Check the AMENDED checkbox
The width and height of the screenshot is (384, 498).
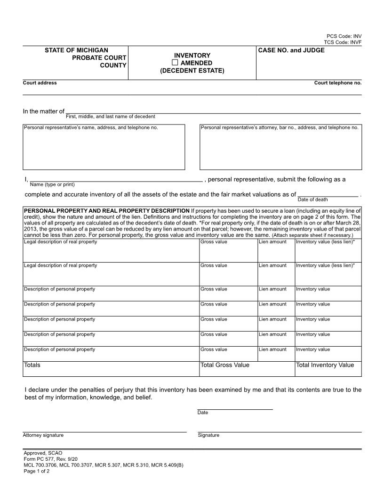[x=175, y=63]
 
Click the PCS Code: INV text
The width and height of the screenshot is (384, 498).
[x=344, y=36]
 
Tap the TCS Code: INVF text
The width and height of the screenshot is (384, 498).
[x=344, y=42]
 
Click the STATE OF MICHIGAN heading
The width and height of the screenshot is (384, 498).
[x=76, y=50]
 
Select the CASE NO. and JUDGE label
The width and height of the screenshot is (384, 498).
[x=291, y=50]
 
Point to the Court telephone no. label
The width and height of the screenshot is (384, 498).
[x=338, y=83]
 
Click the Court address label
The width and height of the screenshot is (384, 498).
[x=40, y=83]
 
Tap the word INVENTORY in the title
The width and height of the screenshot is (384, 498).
[x=192, y=55]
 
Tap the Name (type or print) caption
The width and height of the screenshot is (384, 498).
[x=52, y=184]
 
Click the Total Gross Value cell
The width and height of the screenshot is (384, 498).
[x=225, y=365]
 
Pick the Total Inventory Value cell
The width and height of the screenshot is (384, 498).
[x=325, y=365]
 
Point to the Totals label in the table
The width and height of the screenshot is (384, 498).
[x=32, y=365]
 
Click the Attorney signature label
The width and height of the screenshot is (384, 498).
[x=43, y=435]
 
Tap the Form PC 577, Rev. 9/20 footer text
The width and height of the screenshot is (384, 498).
[x=50, y=459]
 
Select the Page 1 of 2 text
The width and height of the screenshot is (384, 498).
[x=37, y=471]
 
